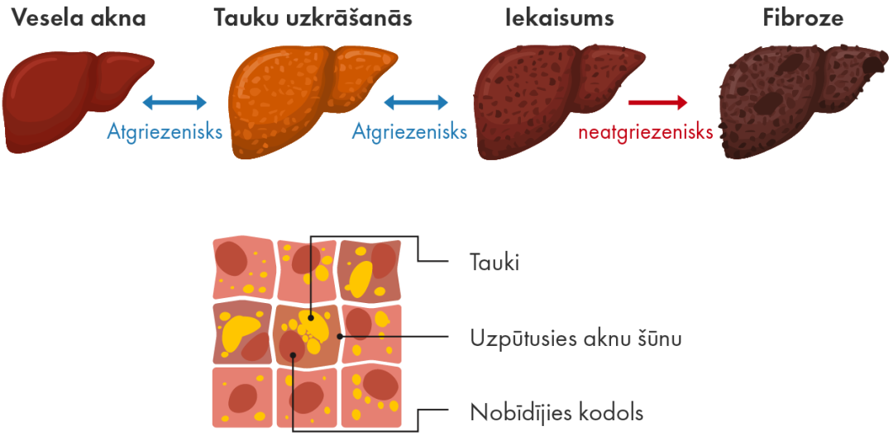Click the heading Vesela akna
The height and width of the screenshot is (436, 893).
(x=79, y=17)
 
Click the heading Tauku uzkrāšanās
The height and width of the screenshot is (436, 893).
(x=313, y=17)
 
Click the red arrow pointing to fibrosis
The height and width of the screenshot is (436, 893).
(x=657, y=102)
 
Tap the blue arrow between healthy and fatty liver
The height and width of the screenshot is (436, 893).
(x=174, y=102)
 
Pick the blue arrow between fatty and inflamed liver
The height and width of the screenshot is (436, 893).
(x=415, y=102)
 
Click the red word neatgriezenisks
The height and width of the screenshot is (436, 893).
(x=646, y=131)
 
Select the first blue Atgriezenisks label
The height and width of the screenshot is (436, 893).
(x=165, y=131)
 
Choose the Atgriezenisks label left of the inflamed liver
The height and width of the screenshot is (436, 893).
(x=410, y=131)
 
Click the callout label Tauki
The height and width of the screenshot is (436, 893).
(x=494, y=263)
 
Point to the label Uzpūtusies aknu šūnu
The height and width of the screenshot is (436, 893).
(x=575, y=338)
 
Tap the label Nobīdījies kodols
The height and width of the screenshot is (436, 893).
(x=556, y=411)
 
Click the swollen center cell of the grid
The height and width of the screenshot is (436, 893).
(x=306, y=334)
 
